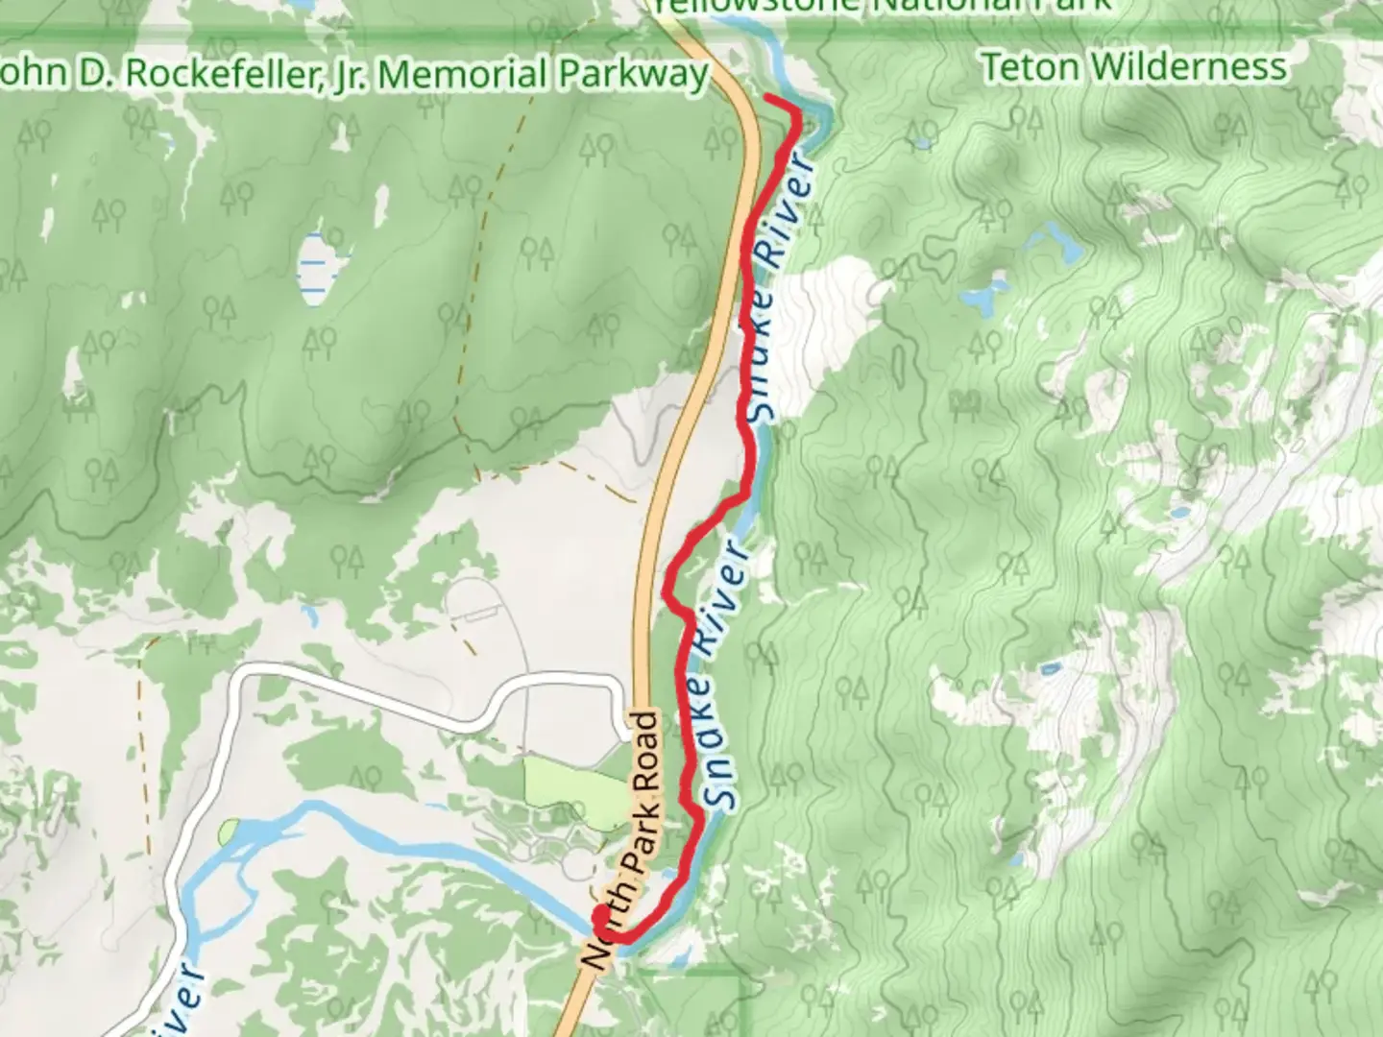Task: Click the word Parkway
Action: pos(634,74)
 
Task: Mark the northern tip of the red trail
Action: pos(767,99)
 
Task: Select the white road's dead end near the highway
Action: pos(624,735)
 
